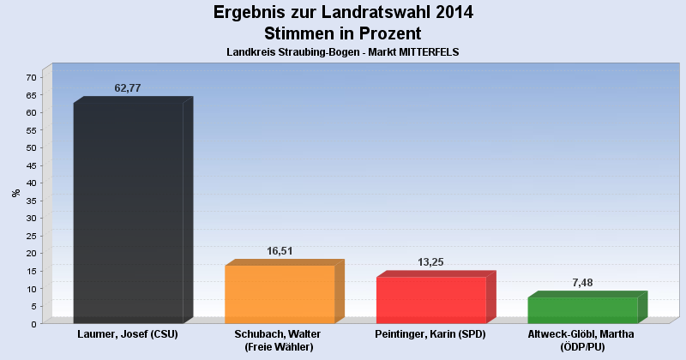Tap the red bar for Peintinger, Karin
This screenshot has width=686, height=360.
point(431,300)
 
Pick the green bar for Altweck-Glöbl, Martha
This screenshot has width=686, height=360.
point(582,309)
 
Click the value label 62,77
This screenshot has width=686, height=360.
point(128,88)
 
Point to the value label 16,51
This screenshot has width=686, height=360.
point(280,251)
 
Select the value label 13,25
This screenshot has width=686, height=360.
point(431,262)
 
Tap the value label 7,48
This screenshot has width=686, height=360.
point(583,283)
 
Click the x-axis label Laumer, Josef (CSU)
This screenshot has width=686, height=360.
point(128,334)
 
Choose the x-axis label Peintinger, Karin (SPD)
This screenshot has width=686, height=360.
point(431,334)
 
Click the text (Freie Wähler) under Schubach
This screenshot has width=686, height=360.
point(280,347)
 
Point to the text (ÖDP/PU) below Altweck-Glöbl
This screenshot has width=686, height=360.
point(582,347)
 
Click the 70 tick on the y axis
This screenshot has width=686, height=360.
point(31,77)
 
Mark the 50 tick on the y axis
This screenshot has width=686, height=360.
point(31,147)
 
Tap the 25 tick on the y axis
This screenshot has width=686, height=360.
point(31,236)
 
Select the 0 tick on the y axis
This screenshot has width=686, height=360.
point(33,324)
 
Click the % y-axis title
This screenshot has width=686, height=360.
point(16,193)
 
